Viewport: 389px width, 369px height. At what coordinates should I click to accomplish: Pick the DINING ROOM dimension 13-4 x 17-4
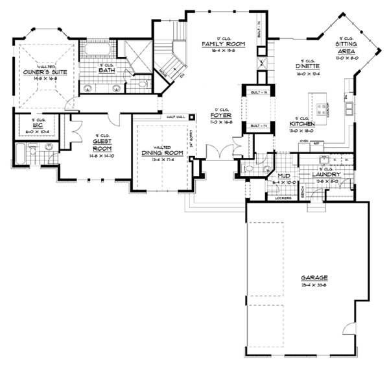point(162,159)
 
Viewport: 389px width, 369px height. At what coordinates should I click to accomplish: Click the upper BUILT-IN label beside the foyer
point(253,92)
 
